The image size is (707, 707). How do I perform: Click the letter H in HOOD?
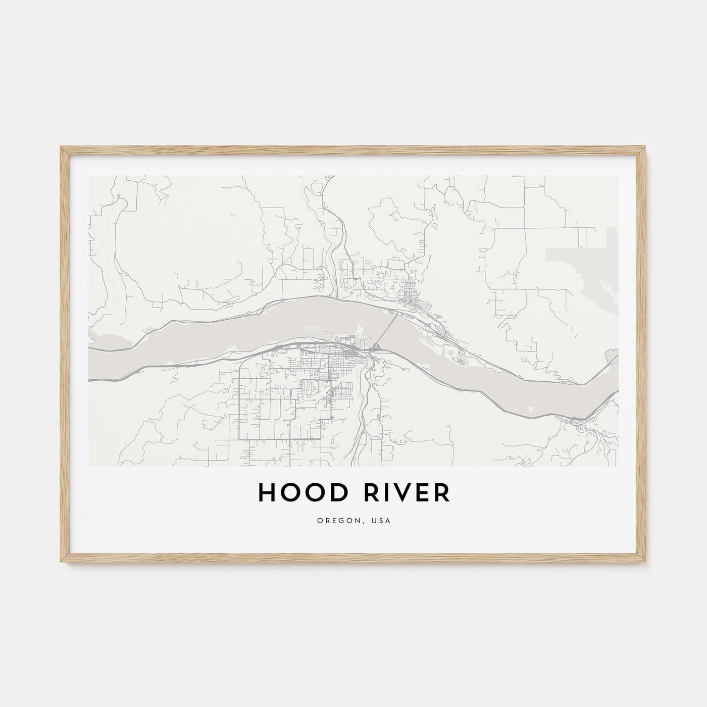[x=266, y=493]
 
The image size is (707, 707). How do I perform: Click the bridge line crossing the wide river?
[x=386, y=329]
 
